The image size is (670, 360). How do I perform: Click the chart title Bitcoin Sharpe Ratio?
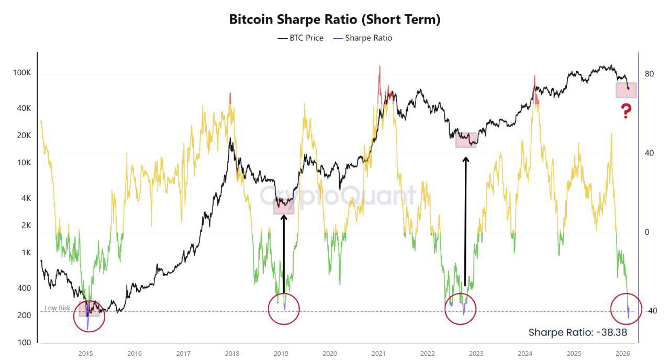click(335, 20)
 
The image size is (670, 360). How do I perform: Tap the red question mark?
click(626, 111)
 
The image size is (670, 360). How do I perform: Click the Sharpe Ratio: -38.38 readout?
click(577, 332)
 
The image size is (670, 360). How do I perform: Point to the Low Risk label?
click(57, 308)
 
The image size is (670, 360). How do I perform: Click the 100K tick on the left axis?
click(22, 73)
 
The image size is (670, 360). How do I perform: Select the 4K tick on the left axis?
click(26, 198)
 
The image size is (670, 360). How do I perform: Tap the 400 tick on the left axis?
click(24, 288)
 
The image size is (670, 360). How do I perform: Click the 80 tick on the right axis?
click(650, 74)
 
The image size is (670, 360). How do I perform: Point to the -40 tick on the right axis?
click(650, 311)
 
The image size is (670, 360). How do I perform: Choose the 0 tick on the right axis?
click(647, 232)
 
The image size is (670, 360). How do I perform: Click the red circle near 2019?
click(284, 309)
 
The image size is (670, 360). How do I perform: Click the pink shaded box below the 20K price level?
click(466, 140)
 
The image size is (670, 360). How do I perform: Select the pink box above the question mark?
click(626, 90)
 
